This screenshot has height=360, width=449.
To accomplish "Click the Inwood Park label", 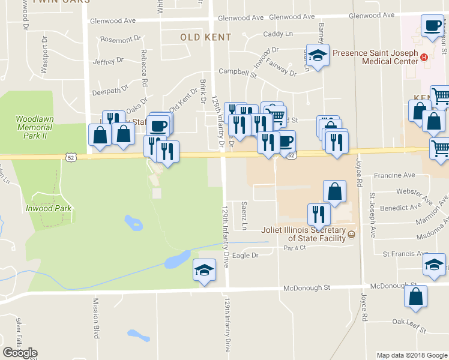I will tap(49, 208).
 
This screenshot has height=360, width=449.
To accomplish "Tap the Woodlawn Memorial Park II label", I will tap(35, 128).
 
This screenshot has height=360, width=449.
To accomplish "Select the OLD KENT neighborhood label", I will tap(205, 37).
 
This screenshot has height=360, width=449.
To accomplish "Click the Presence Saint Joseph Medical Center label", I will tap(375, 57).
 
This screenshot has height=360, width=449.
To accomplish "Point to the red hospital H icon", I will tap(424, 58).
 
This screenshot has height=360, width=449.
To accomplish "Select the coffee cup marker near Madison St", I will tap(432, 26).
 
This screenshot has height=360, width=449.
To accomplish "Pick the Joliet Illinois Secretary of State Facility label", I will tap(303, 233).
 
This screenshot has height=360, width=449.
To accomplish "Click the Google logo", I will tap(20, 353).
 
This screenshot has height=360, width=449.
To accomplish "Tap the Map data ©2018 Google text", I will tap(411, 355).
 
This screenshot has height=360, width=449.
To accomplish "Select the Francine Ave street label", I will tap(394, 175).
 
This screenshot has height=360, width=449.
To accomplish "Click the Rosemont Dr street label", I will tap(116, 40).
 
